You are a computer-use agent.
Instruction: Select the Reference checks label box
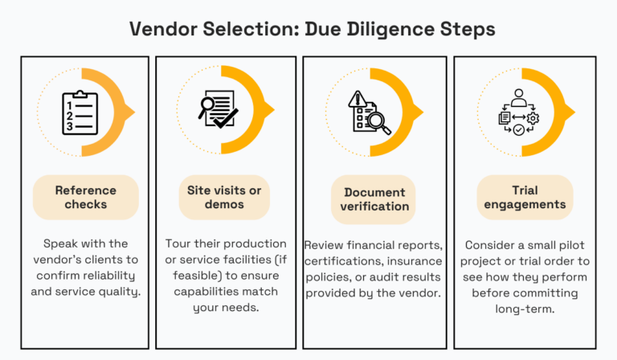pyautogui.click(x=85, y=197)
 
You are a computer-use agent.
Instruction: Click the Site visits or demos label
pyautogui.click(x=223, y=197)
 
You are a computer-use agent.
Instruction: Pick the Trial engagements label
pyautogui.click(x=525, y=197)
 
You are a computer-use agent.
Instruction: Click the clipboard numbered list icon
pyautogui.click(x=80, y=112)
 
